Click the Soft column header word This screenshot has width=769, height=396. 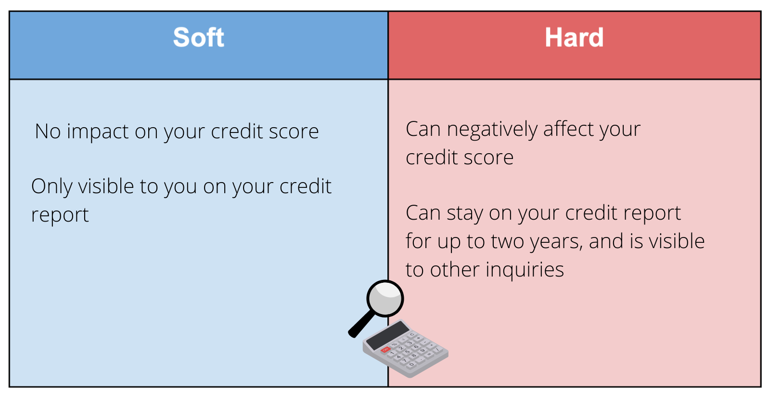(198, 37)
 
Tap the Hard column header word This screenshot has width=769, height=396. (574, 37)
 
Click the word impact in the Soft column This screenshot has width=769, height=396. (98, 132)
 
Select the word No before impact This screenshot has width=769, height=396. (48, 132)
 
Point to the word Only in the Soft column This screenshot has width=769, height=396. (52, 186)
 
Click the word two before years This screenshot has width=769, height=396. (507, 241)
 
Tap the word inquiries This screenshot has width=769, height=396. (525, 270)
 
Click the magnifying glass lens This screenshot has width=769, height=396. (385, 298)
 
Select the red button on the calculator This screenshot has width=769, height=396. (385, 350)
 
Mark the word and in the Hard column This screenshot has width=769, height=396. (606, 241)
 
